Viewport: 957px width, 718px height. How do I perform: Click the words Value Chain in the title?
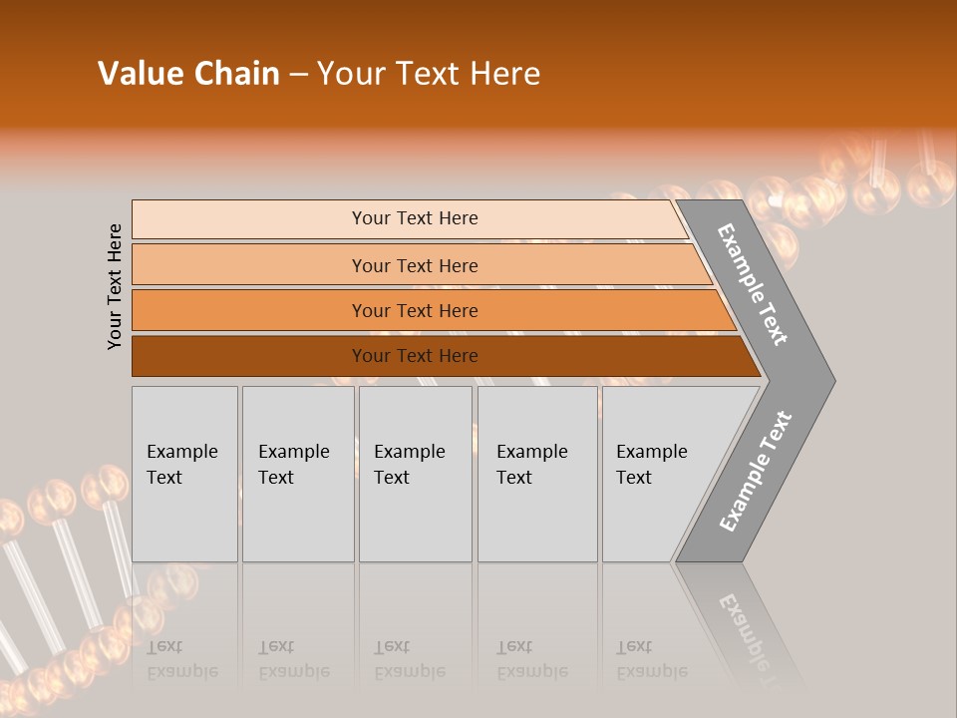coord(188,74)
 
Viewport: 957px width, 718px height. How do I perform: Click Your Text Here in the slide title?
coord(429,74)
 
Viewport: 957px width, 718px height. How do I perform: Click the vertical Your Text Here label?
coord(116,287)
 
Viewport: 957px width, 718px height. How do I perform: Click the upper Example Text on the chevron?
coord(753,284)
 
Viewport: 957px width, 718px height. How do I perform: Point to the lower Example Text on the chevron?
coord(756,472)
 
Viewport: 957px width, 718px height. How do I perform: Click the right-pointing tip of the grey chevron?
coord(827,380)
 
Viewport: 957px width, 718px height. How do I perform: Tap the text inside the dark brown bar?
coord(415,356)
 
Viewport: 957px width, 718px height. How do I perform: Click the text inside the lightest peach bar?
coord(415,218)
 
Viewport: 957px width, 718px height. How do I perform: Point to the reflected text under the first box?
coord(181,660)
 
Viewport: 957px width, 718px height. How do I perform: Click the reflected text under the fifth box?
coord(651,660)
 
